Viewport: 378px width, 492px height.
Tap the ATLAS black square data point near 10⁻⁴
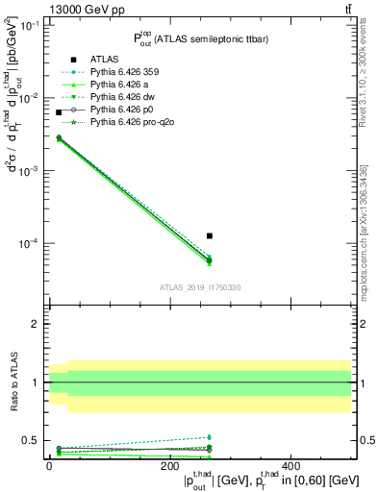pos(210,235)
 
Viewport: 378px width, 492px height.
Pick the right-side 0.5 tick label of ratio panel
pos(366,441)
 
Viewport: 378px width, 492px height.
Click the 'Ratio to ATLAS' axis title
pos(13,382)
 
